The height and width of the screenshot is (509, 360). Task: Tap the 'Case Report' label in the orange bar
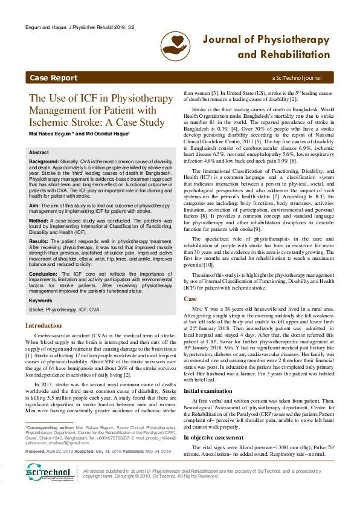53,78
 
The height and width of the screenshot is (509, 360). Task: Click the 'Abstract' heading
39,153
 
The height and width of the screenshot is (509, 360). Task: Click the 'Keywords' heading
40,300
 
